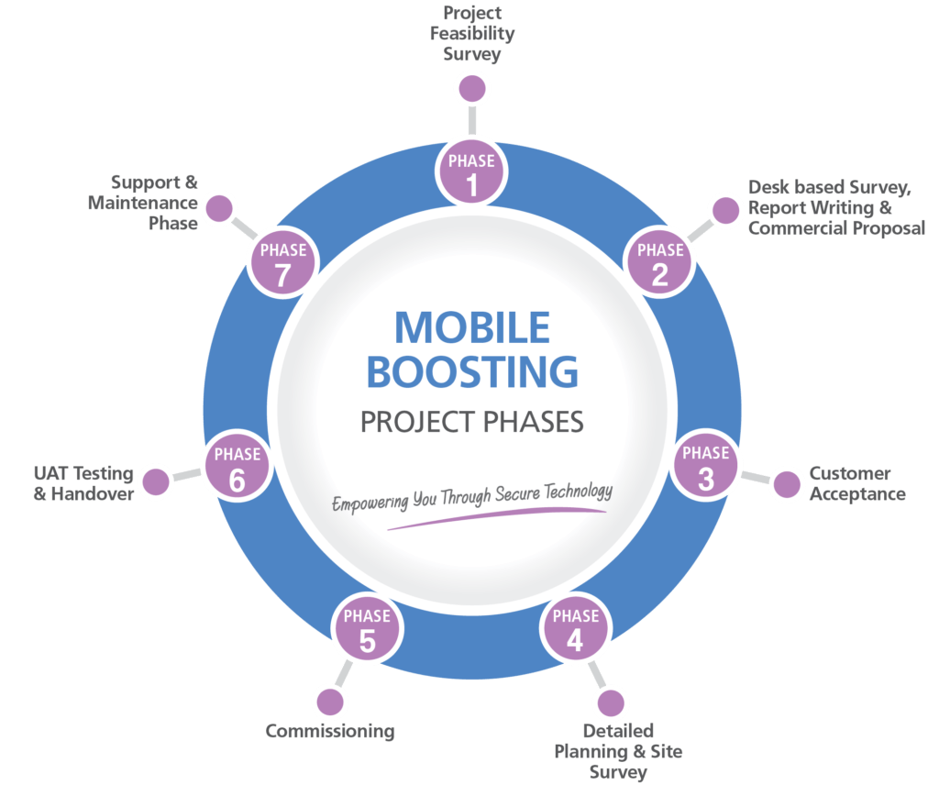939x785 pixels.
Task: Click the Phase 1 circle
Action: (472, 172)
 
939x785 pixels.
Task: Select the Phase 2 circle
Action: (660, 261)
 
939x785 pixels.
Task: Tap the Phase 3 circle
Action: (706, 465)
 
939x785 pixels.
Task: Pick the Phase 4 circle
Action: (576, 628)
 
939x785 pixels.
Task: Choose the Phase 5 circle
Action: (367, 628)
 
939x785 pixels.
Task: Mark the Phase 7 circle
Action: (283, 261)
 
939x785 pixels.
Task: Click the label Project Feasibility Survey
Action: (472, 34)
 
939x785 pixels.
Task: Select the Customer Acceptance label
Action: (857, 484)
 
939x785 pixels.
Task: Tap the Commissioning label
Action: (330, 731)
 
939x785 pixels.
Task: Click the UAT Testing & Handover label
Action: (83, 483)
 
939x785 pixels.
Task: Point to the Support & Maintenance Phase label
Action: (142, 203)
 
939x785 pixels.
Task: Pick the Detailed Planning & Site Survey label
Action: (618, 751)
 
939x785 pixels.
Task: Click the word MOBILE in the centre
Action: (472, 328)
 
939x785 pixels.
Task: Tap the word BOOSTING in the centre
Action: (472, 371)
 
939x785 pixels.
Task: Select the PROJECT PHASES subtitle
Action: (472, 422)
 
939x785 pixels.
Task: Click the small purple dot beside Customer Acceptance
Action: (787, 484)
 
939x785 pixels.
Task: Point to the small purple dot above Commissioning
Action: (330, 702)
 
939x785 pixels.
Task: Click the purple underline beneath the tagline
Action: (497, 518)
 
